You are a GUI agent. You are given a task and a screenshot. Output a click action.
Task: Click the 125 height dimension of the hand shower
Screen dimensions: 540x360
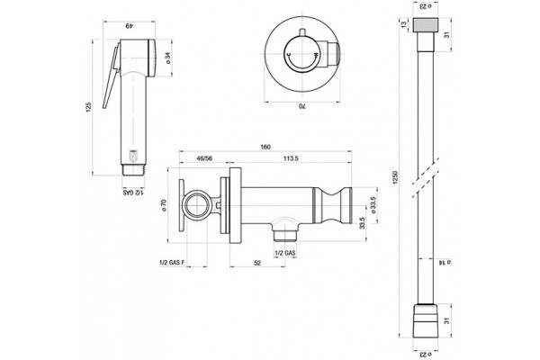click(x=89, y=107)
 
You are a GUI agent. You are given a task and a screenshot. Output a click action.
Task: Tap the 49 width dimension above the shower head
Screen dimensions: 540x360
click(x=129, y=26)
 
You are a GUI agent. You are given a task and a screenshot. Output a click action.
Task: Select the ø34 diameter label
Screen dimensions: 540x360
click(x=168, y=58)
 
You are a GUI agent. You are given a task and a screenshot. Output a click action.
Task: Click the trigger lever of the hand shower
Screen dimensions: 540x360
click(x=111, y=76)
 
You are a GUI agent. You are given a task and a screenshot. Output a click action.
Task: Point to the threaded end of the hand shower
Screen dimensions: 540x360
click(x=134, y=170)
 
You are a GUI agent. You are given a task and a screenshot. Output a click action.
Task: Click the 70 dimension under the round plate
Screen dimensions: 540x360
click(x=302, y=106)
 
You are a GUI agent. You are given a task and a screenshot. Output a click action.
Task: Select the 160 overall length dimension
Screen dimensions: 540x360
click(x=265, y=147)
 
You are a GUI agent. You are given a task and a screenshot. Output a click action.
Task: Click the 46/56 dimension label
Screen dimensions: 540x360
click(x=204, y=158)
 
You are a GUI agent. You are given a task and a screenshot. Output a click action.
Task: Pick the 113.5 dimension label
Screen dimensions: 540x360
click(x=291, y=158)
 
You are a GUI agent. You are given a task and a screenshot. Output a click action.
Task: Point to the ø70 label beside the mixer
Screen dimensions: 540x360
click(x=164, y=206)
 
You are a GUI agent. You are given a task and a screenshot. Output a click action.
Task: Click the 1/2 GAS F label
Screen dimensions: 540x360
click(x=172, y=263)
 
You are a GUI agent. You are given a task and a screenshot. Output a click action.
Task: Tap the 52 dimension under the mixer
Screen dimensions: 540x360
click(x=257, y=263)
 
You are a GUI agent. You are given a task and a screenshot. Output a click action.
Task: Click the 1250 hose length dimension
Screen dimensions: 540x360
click(x=395, y=177)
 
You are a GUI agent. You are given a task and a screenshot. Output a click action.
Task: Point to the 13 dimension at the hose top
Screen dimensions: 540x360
click(x=403, y=24)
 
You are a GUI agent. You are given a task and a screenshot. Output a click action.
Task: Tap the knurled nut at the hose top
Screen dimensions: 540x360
click(x=425, y=24)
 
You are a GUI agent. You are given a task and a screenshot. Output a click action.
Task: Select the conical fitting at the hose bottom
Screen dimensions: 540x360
click(x=426, y=320)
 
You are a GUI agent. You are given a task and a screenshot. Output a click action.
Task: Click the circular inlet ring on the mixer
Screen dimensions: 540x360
click(x=195, y=206)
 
